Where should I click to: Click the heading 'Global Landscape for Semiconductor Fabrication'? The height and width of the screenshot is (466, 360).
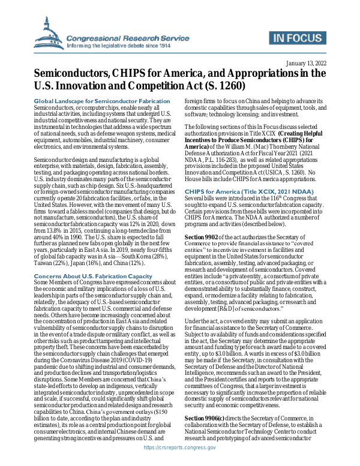click(x=102, y=101)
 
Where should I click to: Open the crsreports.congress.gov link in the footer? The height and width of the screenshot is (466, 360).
click(x=179, y=456)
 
